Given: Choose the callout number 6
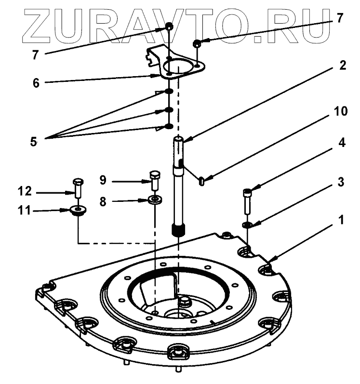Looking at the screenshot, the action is (x=36, y=82).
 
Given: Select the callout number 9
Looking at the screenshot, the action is (x=103, y=181).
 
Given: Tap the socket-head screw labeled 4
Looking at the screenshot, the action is (x=246, y=199).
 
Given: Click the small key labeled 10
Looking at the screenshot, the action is (x=202, y=181).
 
